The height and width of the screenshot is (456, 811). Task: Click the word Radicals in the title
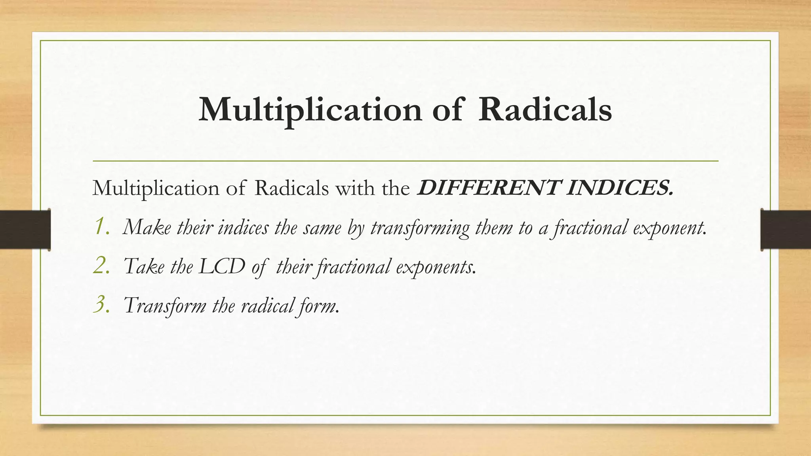pos(545,110)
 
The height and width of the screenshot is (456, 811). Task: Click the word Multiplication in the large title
pos(310,110)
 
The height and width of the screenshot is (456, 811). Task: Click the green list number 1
pos(101,227)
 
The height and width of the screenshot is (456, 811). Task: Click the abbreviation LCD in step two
pos(222,266)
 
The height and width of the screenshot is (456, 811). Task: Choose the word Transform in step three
pos(165,306)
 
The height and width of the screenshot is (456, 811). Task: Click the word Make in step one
pos(147,228)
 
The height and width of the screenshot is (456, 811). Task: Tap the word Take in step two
pos(144,266)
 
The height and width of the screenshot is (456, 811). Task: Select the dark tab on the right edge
pos(786,230)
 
